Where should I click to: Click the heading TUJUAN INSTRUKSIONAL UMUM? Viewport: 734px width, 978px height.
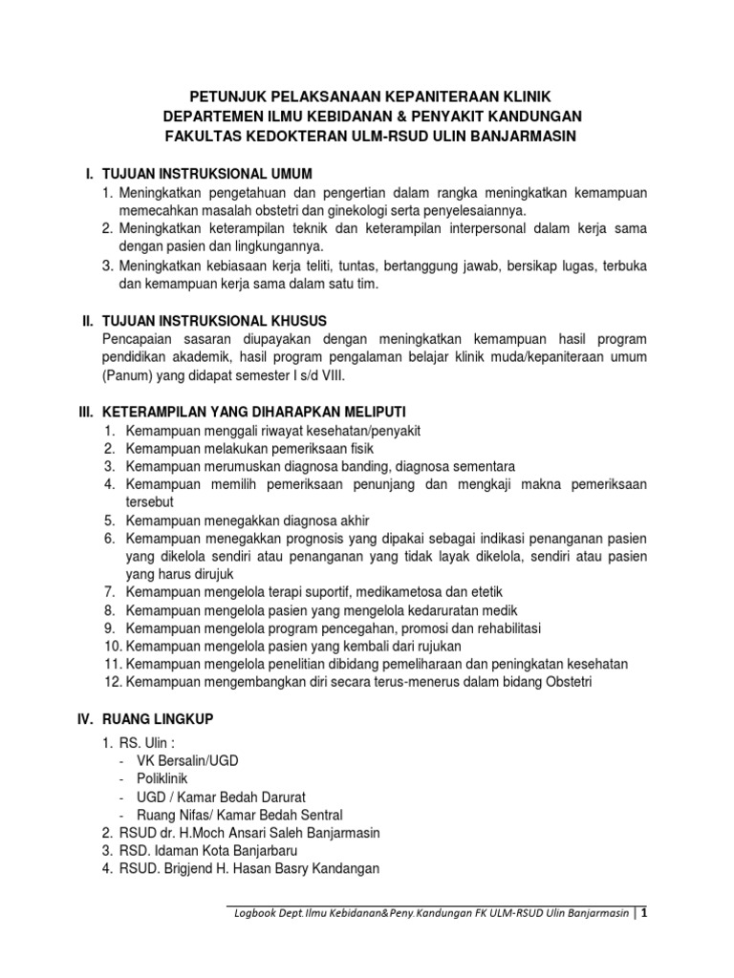[207, 173]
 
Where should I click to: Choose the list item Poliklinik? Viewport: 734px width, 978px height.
[163, 777]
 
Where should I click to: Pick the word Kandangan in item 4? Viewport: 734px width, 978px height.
[348, 868]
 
